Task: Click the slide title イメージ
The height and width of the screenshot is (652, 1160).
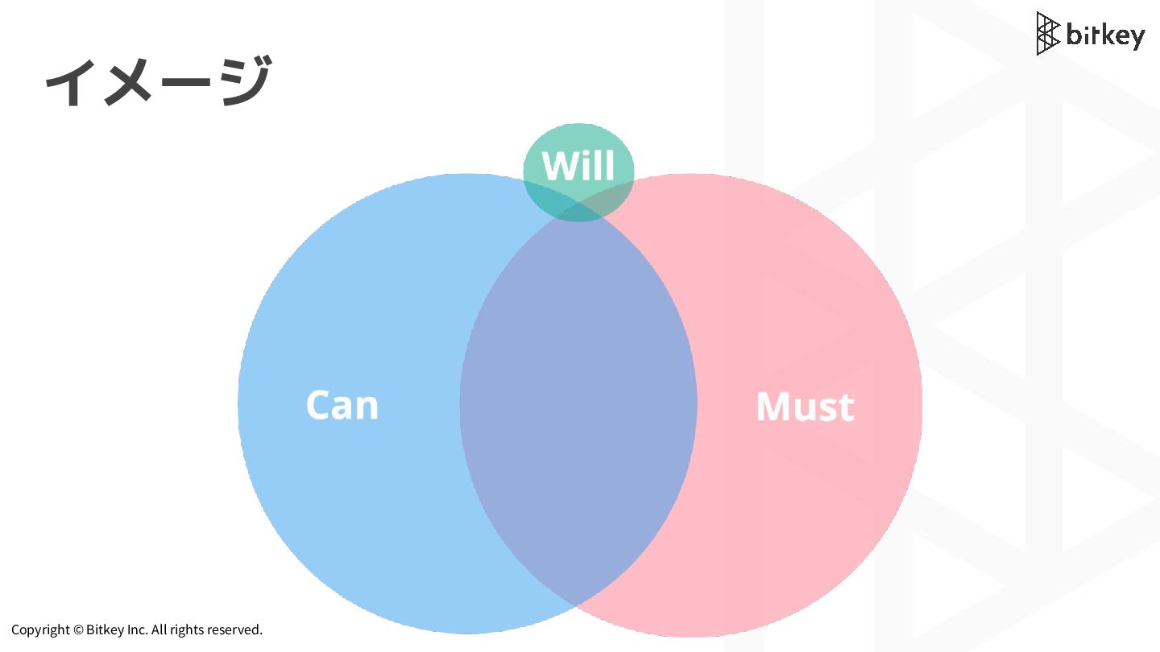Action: (x=158, y=81)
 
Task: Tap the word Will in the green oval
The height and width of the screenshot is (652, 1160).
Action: (x=578, y=166)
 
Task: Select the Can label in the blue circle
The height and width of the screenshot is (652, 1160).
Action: (x=342, y=405)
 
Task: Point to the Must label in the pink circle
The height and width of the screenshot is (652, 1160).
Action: (x=804, y=406)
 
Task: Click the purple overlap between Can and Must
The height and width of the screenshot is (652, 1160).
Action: (x=578, y=402)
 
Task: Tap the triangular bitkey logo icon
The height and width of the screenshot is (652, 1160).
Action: (x=1047, y=34)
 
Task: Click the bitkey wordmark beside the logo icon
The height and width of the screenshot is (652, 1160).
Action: (x=1104, y=35)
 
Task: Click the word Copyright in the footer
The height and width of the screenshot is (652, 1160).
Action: (x=40, y=629)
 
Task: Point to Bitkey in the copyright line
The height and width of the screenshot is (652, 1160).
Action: (x=104, y=629)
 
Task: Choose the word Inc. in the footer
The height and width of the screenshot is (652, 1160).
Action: (x=136, y=629)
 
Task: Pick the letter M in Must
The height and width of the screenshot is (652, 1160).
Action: (x=773, y=406)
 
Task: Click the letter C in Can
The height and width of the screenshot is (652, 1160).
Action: (x=319, y=405)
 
